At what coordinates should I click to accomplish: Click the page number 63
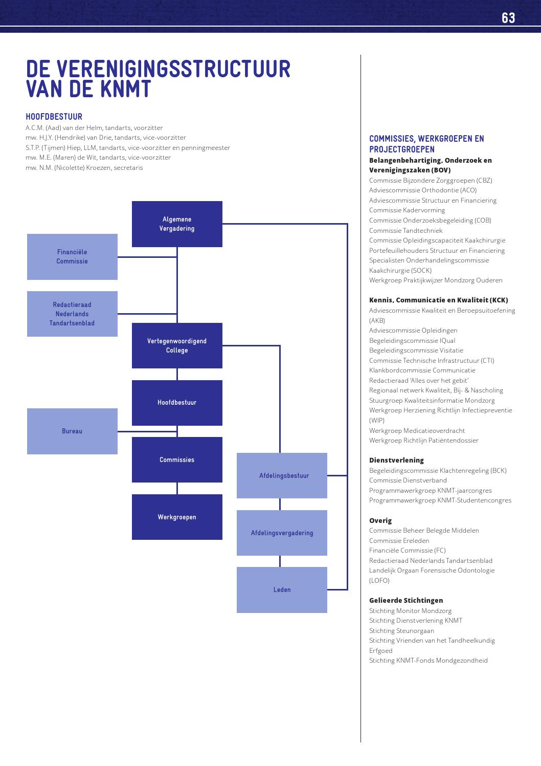tap(508, 18)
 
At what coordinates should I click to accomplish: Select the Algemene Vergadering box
tap(177, 224)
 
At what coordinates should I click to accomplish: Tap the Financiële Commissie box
tap(72, 257)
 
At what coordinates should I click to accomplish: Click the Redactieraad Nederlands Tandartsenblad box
tap(72, 314)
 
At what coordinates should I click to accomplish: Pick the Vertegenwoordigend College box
tap(177, 345)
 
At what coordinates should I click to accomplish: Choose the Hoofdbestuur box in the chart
tap(177, 403)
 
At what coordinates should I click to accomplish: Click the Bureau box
tap(72, 431)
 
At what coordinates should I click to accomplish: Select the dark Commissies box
tap(177, 459)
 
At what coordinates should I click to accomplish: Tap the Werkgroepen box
tap(177, 517)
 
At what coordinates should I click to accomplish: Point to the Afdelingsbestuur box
tap(282, 475)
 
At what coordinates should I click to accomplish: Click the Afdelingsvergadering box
tap(282, 533)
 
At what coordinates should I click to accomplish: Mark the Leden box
tap(282, 590)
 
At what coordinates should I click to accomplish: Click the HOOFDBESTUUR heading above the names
tap(54, 117)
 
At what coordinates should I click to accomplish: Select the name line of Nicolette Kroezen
tap(84, 168)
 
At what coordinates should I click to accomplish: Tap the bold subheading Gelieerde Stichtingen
tap(406, 600)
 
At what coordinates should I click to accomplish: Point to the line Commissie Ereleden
tap(399, 540)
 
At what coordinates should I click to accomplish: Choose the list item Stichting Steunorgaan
tap(401, 630)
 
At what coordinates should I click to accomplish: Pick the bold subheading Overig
tap(380, 520)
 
